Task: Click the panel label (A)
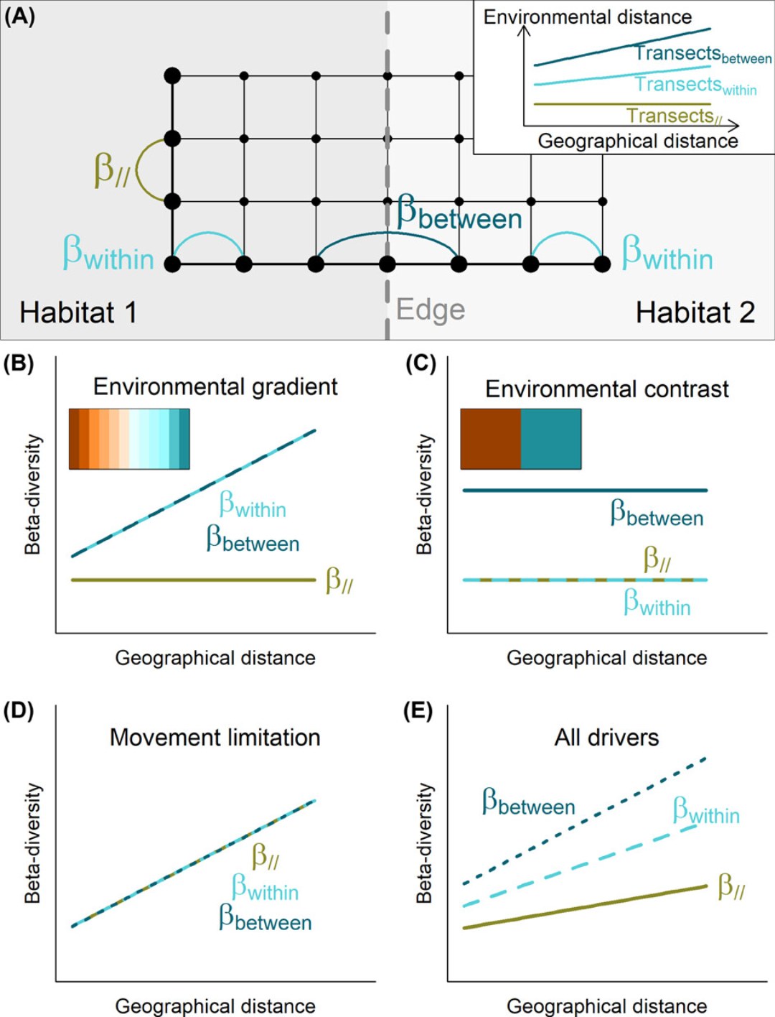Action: click(x=19, y=17)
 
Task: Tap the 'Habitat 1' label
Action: click(x=78, y=312)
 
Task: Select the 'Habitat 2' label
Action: click(x=695, y=312)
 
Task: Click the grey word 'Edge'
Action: click(x=431, y=310)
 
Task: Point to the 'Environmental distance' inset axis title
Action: click(x=587, y=17)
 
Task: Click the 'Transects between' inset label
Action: click(x=702, y=54)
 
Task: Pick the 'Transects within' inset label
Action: click(x=695, y=85)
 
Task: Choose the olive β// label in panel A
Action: click(x=111, y=170)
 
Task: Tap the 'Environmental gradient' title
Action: click(x=215, y=386)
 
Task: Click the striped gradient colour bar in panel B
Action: click(x=129, y=439)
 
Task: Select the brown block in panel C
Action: click(x=490, y=439)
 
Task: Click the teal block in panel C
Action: click(x=550, y=439)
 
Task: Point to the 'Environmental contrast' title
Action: click(x=606, y=389)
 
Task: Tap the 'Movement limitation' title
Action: click(x=215, y=737)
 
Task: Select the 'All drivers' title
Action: click(x=606, y=737)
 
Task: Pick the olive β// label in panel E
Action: click(x=731, y=888)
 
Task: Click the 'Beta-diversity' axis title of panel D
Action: click(x=33, y=843)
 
